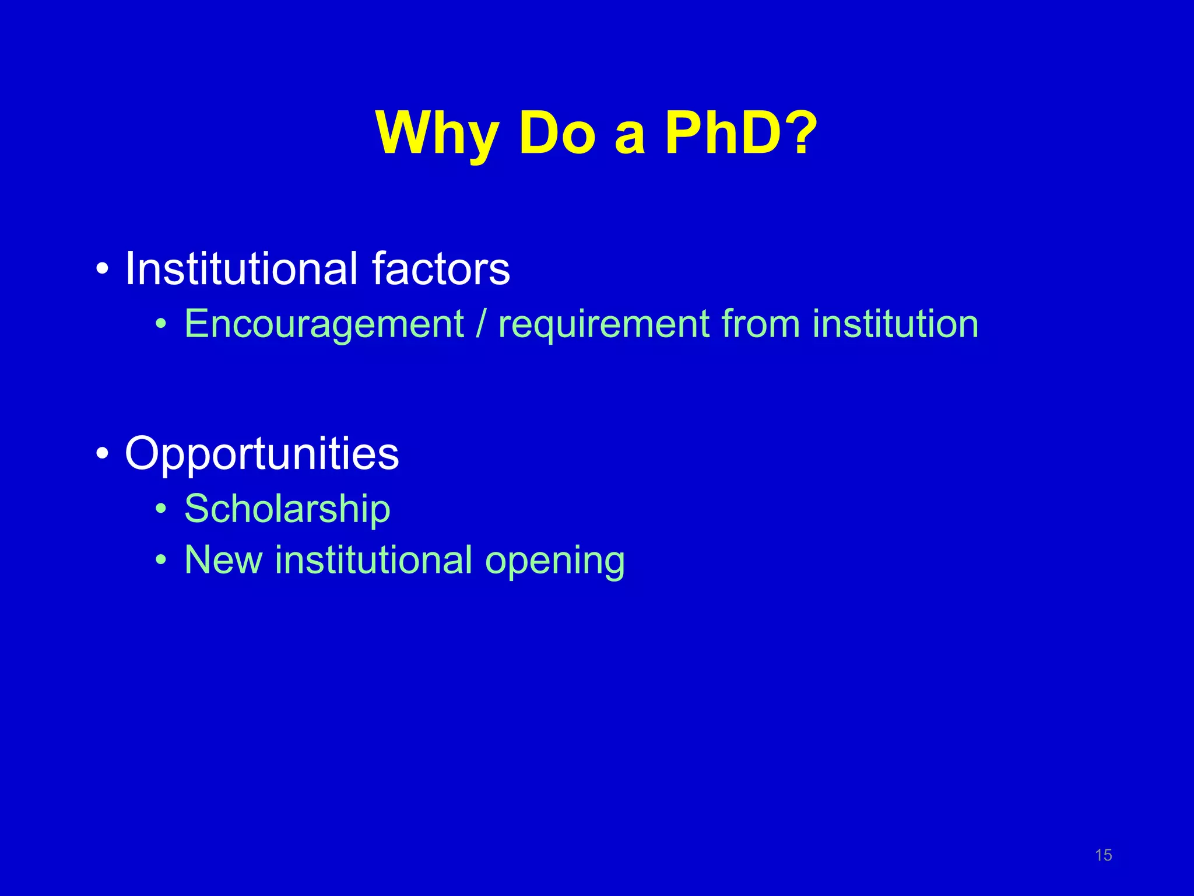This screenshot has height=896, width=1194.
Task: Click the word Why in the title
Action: click(x=437, y=134)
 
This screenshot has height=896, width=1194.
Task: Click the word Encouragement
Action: click(x=324, y=324)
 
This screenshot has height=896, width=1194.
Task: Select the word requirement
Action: click(x=604, y=324)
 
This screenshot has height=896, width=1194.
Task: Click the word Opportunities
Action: click(x=262, y=454)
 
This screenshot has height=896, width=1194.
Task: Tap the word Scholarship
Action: click(x=287, y=509)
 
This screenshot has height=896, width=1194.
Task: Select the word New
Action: click(x=223, y=560)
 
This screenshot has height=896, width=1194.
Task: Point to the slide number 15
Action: click(x=1103, y=855)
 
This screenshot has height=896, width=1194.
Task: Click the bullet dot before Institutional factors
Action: click(x=103, y=270)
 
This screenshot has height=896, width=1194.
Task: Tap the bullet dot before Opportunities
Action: click(x=103, y=453)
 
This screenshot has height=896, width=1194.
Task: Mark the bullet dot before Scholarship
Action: click(x=161, y=509)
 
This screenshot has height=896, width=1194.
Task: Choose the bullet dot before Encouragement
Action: click(x=161, y=324)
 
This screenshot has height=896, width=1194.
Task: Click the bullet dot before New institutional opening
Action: click(x=161, y=561)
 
